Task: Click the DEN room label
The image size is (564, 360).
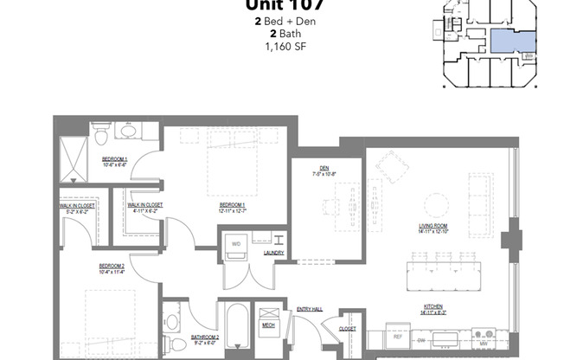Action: point(327,170)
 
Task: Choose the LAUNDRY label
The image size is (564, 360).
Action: point(276,254)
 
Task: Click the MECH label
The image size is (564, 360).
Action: point(268,326)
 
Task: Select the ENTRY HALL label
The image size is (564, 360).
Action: point(309,309)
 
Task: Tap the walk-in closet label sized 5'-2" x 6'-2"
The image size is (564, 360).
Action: point(77,208)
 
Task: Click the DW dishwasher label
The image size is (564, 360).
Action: point(421,341)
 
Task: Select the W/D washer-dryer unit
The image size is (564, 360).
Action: point(236,245)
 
